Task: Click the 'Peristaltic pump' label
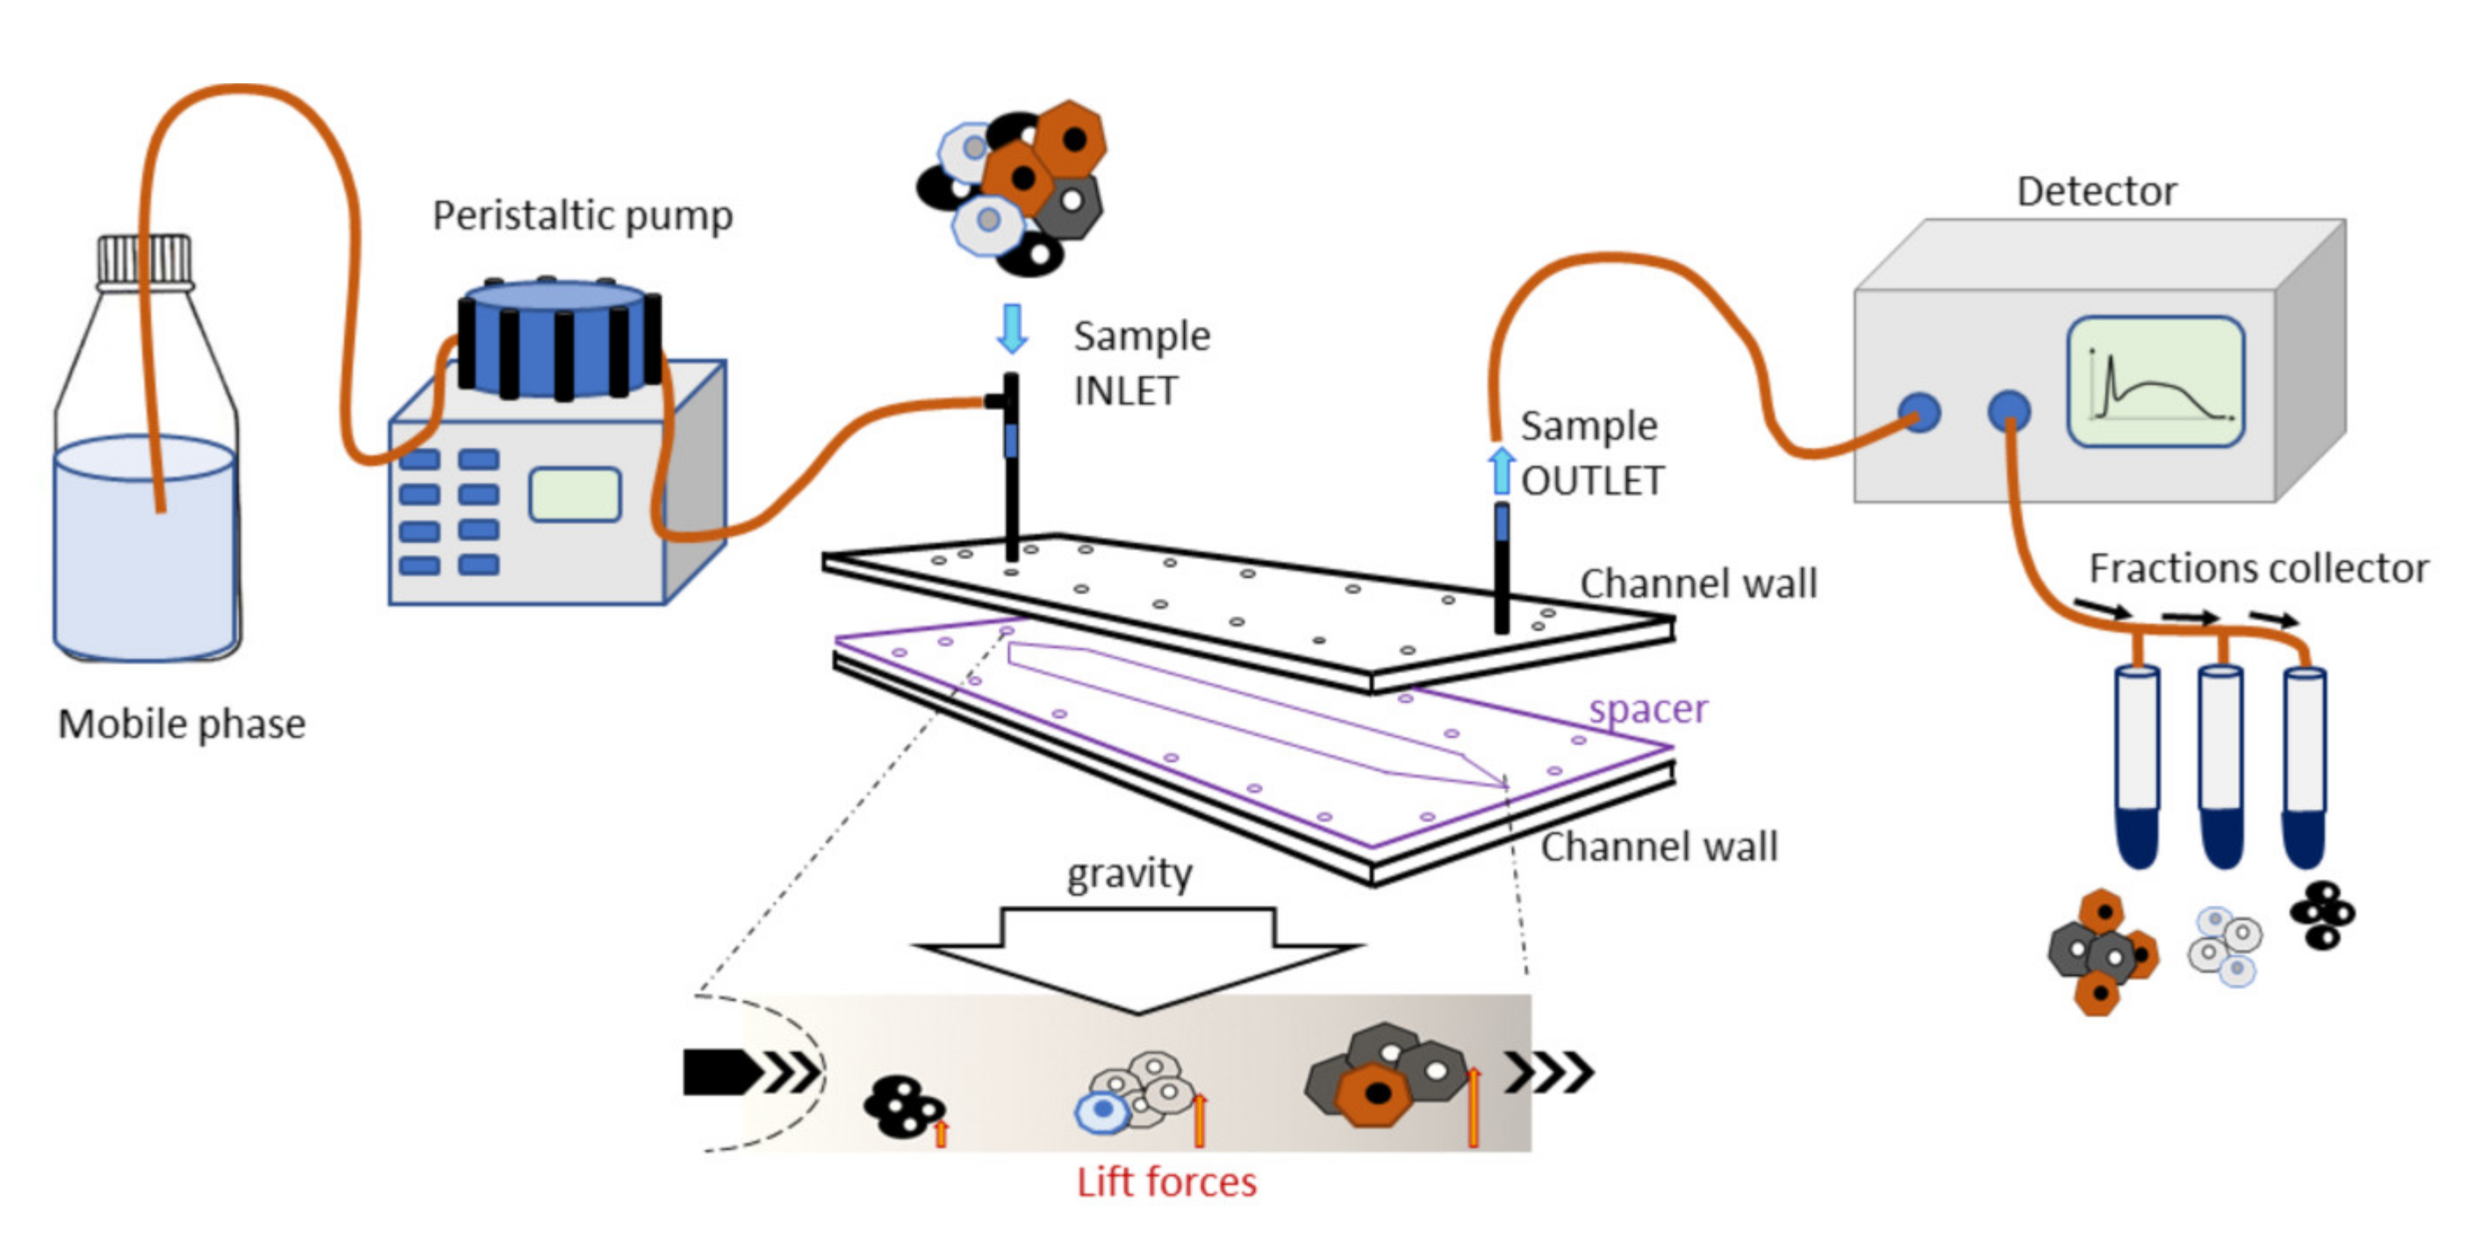[582, 216]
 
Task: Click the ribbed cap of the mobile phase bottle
[145, 260]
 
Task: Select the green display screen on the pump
[575, 495]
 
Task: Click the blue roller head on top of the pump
[556, 337]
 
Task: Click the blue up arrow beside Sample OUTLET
[1500, 472]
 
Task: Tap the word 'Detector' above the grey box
[2096, 190]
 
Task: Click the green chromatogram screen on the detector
[2155, 382]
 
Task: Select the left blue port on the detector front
[1918, 413]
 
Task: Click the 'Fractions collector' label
[2257, 568]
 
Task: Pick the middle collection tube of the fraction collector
[2221, 766]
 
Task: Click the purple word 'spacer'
[1648, 710]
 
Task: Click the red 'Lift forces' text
[1165, 1182]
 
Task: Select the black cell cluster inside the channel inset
[900, 1108]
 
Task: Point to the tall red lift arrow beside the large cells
[1473, 1108]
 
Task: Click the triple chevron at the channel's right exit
[1548, 1072]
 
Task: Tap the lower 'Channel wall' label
[1659, 847]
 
